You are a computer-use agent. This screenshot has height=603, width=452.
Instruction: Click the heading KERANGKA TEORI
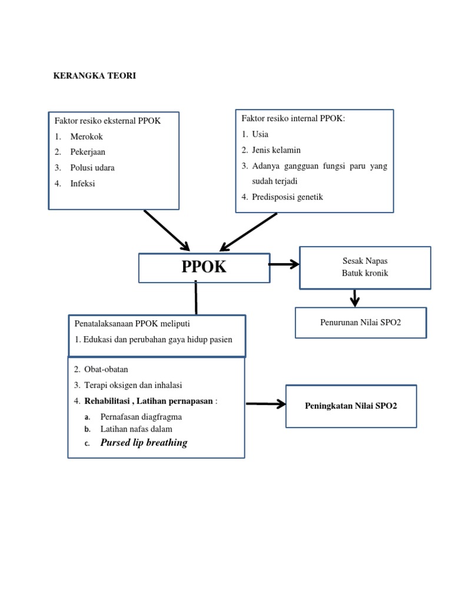pos(95,76)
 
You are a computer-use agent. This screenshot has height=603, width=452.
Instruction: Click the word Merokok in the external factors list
pos(87,136)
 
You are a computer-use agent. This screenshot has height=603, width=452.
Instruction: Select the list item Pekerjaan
pos(88,152)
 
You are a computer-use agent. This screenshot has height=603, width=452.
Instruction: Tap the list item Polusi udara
pos(92,168)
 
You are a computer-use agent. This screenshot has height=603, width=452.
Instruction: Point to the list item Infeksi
pos(83,184)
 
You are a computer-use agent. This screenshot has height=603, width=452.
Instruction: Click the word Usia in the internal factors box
pos(260,134)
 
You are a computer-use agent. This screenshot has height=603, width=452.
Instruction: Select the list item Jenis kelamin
pos(276,150)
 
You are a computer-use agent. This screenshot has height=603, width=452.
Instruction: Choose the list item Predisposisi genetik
pos(288,197)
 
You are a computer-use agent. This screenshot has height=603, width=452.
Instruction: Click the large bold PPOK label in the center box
pos(204,267)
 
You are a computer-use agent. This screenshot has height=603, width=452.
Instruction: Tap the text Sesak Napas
pos(365,260)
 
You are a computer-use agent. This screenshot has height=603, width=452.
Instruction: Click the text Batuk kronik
pos(365,273)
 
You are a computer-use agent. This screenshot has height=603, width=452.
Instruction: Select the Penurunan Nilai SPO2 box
pos(360,323)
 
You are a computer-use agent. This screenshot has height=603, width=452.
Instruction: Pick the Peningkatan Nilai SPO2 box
pos(351,406)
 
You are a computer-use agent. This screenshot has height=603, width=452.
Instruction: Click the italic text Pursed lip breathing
pos(144,443)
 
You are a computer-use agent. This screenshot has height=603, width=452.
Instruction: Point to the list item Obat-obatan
pos(106,369)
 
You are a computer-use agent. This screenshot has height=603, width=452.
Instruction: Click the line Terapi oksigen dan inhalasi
pos(134,385)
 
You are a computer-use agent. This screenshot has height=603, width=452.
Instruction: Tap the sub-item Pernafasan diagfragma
pos(141,417)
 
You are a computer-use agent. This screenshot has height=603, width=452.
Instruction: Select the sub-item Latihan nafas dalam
pos(137,429)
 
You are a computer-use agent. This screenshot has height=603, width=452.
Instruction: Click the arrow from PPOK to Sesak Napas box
pos(284,265)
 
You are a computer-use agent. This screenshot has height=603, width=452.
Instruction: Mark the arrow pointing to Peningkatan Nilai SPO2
pos(265,405)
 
